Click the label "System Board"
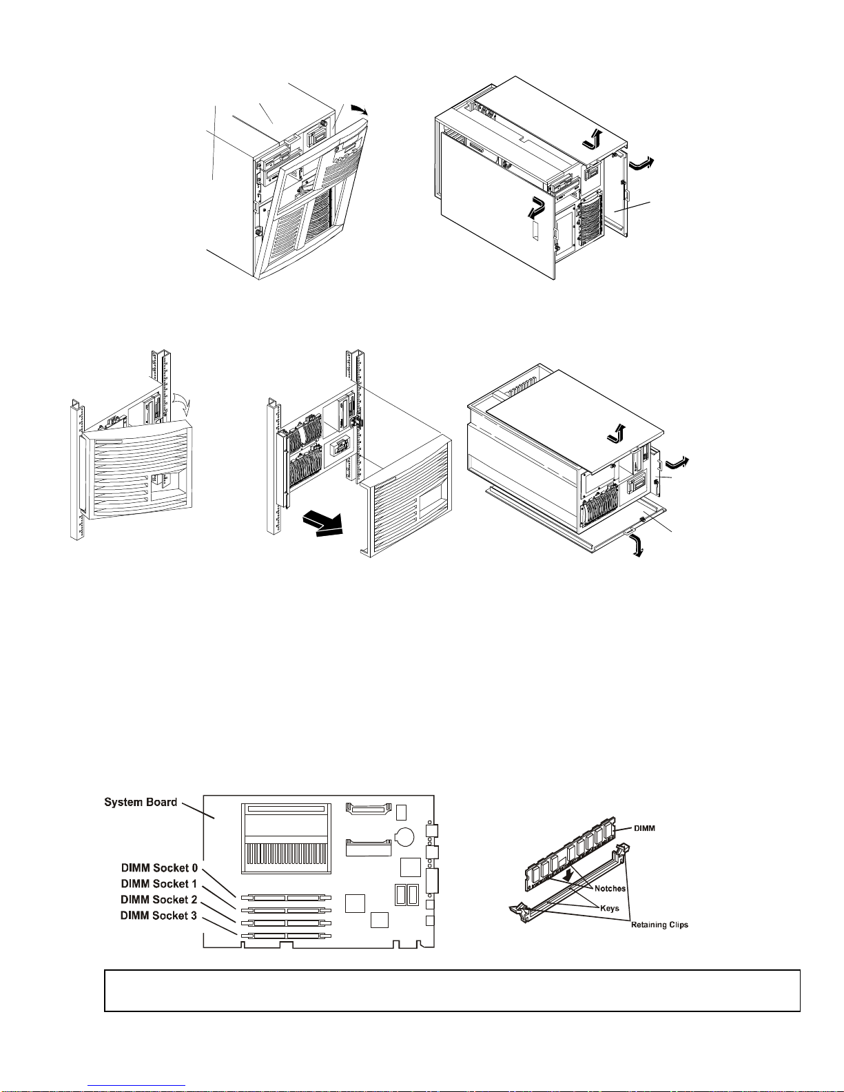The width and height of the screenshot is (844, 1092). pos(141,802)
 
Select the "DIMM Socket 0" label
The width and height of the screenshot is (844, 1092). pos(159,867)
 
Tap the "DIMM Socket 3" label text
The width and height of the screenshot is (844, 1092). pos(158,916)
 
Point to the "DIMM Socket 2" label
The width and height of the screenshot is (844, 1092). pos(158,900)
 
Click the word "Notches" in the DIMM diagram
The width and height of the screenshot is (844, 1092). pos(610,889)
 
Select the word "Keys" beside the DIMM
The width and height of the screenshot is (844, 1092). pos(610,908)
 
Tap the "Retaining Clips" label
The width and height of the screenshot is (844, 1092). pos(659,925)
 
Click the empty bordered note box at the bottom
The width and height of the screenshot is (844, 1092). pos(452,991)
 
